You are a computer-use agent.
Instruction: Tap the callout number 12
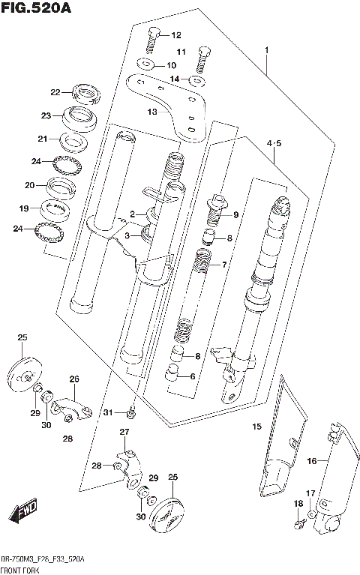[x=176, y=35]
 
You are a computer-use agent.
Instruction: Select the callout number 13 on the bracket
[x=152, y=112]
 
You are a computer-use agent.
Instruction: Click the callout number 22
[x=55, y=93]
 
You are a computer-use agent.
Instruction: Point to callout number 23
[x=46, y=116]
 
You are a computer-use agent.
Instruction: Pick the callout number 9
[x=235, y=215]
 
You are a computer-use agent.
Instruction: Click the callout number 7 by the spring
[x=223, y=265]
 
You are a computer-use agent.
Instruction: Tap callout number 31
[x=108, y=413]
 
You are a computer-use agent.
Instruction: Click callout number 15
[x=256, y=427]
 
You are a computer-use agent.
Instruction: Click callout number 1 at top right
[x=265, y=50]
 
